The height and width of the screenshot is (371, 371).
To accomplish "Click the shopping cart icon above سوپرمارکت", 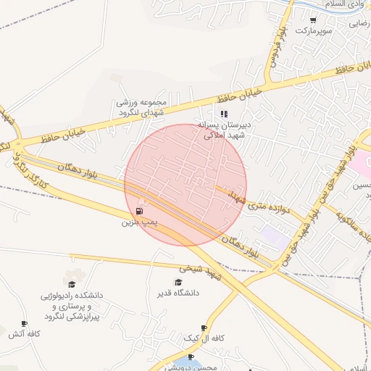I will pos(313,20).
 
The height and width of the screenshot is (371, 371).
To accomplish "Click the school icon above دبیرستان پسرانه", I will pos(224,114).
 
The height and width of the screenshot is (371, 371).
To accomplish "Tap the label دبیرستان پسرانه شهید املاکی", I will pos(224,130).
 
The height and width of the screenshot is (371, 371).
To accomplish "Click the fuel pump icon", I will pos(138,211).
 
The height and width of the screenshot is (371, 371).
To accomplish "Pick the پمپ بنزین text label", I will pos(138,222).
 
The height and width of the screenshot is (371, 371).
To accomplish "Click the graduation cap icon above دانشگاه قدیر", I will pos(178,282).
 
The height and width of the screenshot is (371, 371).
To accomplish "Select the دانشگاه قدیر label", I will pos(178,293).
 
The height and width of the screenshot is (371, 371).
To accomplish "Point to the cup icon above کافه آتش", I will pos(25,323).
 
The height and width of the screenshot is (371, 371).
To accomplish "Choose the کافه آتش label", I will pos(25,334).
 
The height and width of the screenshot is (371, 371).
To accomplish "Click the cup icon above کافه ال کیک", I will pos(204,328).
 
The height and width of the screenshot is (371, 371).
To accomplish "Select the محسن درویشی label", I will pos(196,367).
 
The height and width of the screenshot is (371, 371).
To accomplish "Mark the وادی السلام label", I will pos(347,4).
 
